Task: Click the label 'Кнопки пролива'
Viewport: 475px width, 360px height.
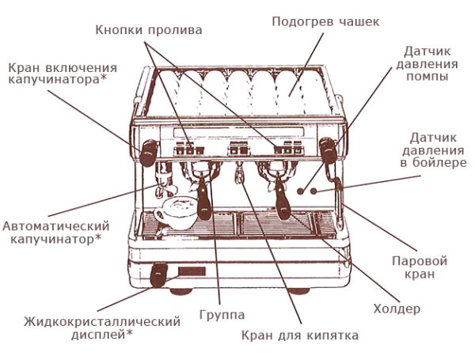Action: (x=149, y=30)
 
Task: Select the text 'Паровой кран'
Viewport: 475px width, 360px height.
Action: (x=420, y=267)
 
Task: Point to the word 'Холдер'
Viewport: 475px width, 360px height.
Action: (x=396, y=309)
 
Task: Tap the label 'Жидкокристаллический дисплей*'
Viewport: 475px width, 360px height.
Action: (x=102, y=328)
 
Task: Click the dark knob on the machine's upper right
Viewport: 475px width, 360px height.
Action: (x=326, y=147)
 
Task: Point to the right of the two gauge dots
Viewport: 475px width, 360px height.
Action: (x=314, y=191)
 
